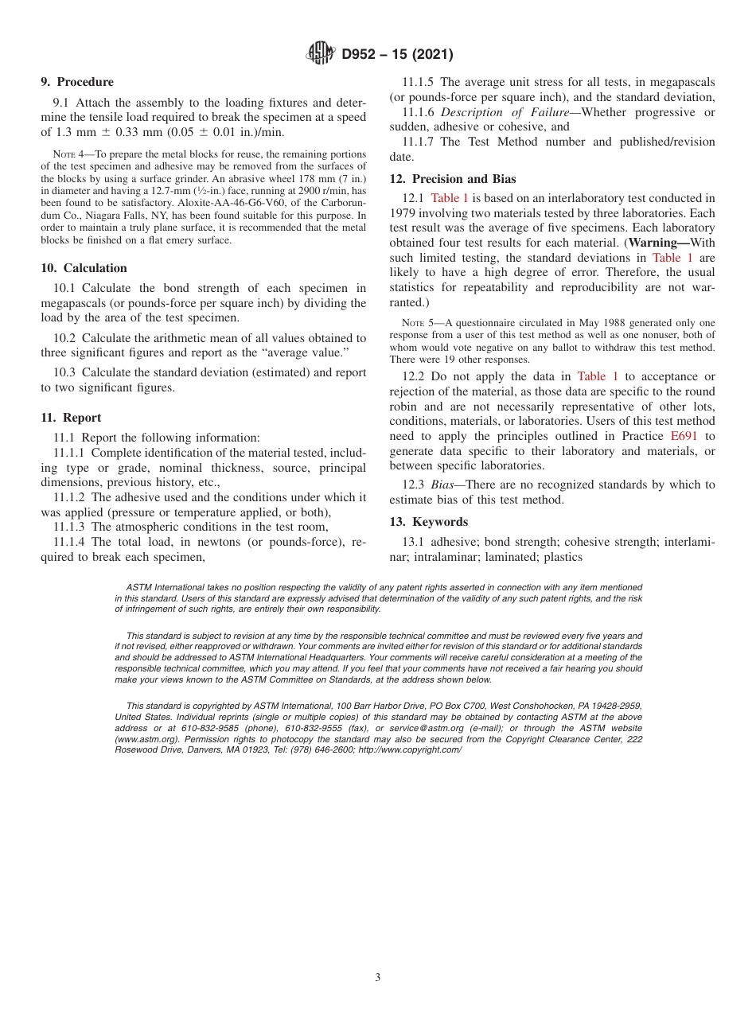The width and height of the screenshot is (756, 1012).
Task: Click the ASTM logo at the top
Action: (320, 54)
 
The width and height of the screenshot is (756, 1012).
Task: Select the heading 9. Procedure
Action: (77, 82)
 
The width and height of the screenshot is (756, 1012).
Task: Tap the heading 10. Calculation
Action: (84, 268)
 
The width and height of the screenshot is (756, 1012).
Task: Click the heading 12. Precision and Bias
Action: (453, 179)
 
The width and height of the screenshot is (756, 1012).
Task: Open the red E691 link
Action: (684, 436)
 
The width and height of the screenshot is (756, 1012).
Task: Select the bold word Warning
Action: (660, 242)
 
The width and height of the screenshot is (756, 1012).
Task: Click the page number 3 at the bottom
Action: (378, 978)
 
